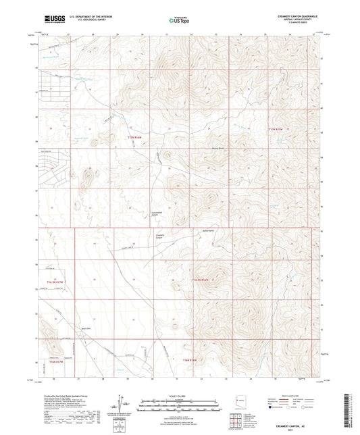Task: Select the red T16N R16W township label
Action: pyautogui.click(x=191, y=361)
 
